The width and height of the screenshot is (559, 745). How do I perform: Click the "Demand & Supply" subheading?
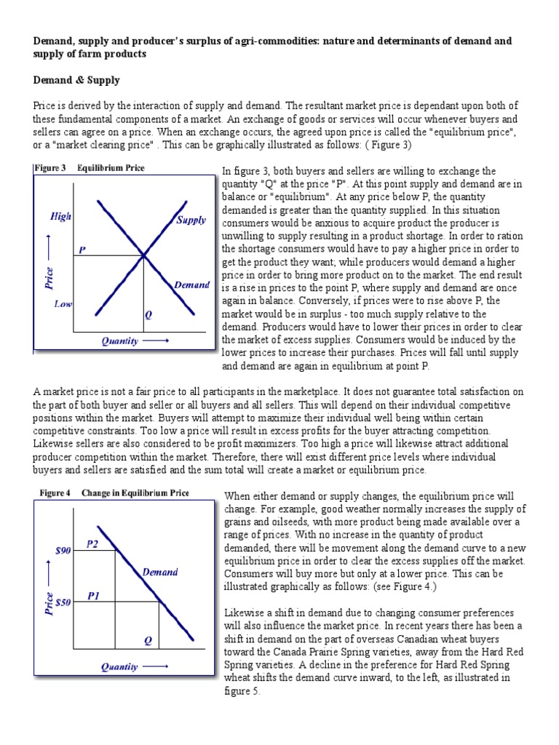coord(76,80)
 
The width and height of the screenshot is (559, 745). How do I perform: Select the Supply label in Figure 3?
coord(191,220)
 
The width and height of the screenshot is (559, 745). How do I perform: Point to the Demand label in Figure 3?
coord(191,285)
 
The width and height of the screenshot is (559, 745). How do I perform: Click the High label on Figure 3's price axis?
coord(60,217)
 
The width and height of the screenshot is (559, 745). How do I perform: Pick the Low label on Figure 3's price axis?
coord(63,304)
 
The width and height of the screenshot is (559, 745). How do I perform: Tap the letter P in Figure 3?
coord(82,250)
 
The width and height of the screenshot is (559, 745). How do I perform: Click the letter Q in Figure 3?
coord(148,315)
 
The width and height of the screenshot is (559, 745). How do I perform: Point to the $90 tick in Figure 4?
coord(63,551)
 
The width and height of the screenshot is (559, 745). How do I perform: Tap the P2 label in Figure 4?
coord(92,543)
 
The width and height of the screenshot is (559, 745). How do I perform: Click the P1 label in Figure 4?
coord(93,595)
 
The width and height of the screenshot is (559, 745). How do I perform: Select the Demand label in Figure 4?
coord(160,572)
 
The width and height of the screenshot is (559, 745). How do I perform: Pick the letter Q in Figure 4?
coord(148,640)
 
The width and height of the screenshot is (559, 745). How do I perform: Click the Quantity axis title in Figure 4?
coord(120,666)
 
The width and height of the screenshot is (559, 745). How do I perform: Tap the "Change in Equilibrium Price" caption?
coord(135,493)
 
